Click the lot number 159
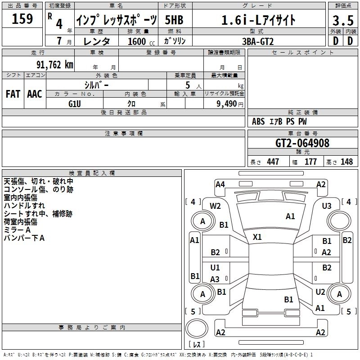coord(22,18)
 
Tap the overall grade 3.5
coord(343,20)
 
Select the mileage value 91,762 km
coord(54,65)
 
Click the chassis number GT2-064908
coord(302,143)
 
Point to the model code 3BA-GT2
coord(258,41)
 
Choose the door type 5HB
coord(174,20)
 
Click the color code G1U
coord(75,104)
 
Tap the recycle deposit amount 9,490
coord(227,103)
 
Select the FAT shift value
coord(13,94)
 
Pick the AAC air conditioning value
coord(35,94)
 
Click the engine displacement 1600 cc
coord(141,41)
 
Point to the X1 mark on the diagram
coord(257,237)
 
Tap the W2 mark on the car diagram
coord(215,206)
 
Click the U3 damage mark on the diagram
coord(327,206)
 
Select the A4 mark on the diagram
coord(220,184)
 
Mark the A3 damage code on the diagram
coord(215,279)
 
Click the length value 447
coord(273,162)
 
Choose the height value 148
coord(346,162)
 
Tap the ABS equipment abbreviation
coord(258,121)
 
